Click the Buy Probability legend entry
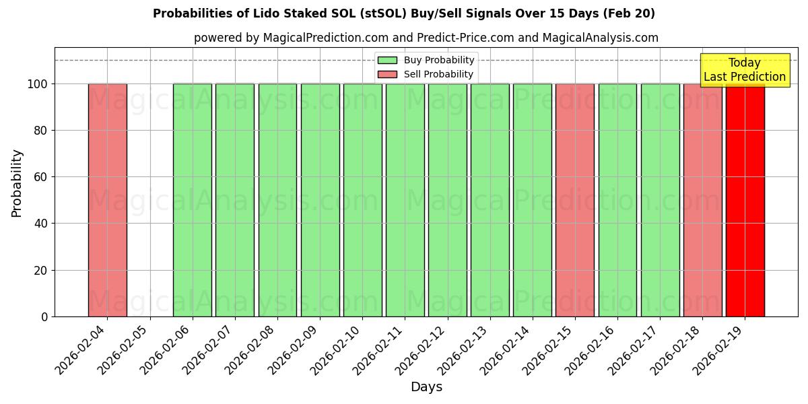[426, 61]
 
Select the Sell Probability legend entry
[426, 74]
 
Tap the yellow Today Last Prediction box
[744, 70]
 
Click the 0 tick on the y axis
[44, 316]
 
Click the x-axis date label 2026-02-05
[125, 350]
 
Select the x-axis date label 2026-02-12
[422, 350]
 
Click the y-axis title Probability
[17, 182]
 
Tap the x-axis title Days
[426, 387]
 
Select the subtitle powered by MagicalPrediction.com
[426, 38]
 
